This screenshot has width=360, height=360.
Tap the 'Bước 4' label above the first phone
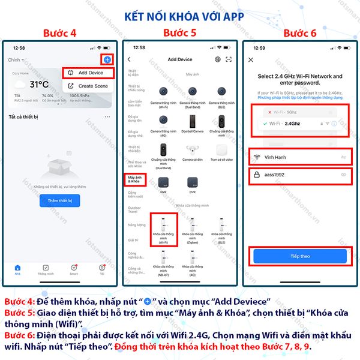[61, 32]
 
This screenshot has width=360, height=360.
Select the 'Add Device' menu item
[90, 73]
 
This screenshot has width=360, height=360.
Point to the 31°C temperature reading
[39, 85]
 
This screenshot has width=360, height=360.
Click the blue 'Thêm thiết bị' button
[59, 201]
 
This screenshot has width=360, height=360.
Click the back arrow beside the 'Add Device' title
[130, 59]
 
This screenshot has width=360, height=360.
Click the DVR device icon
[193, 182]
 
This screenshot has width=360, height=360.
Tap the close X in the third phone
[251, 59]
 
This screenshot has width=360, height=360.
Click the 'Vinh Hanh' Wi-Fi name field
[300, 156]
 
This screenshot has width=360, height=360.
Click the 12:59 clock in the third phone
[259, 47]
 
